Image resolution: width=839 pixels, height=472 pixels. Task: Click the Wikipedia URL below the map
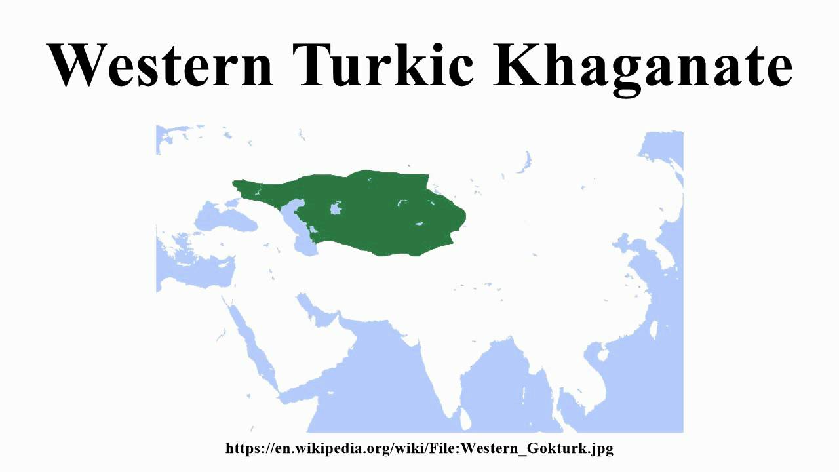(419, 448)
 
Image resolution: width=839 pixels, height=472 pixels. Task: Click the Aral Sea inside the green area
(337, 210)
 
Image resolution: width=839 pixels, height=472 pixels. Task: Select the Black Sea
(223, 216)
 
